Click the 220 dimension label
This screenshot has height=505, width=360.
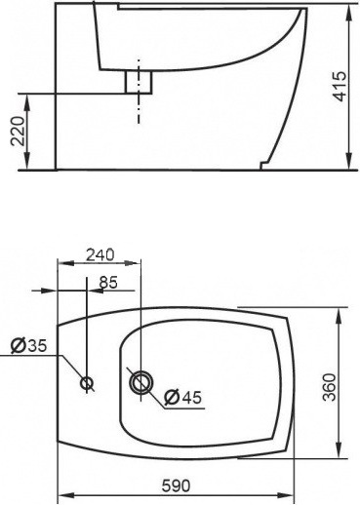point(19,132)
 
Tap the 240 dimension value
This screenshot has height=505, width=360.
point(100,254)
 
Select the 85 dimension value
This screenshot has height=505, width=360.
point(108,283)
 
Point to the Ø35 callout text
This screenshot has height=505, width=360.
point(28,346)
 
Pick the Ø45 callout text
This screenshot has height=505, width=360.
point(183,397)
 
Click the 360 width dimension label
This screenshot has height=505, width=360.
point(330,388)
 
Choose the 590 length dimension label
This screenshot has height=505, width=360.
point(176,486)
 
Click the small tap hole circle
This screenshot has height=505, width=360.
point(87,383)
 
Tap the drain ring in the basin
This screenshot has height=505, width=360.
point(140,382)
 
